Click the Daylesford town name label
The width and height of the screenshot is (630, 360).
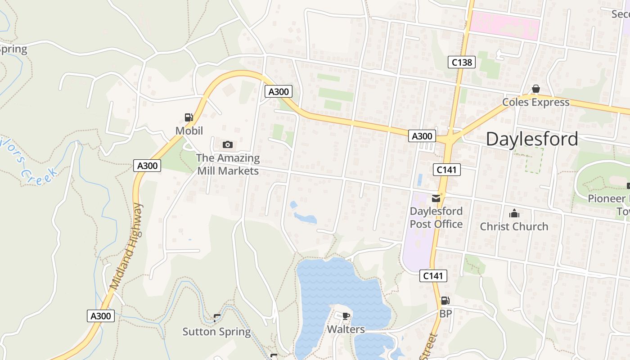click(x=532, y=139)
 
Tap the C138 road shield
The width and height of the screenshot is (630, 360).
click(x=462, y=62)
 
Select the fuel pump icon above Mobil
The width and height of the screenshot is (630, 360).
click(x=189, y=118)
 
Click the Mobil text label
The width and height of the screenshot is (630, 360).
click(x=189, y=131)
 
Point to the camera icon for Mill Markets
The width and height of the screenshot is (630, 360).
click(x=228, y=144)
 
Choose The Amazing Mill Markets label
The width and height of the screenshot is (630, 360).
click(x=228, y=164)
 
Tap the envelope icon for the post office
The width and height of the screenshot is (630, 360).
click(x=436, y=198)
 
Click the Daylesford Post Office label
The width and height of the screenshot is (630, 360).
click(x=436, y=218)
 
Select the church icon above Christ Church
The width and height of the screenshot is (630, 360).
click(x=514, y=213)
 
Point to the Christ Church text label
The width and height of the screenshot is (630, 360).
click(x=514, y=226)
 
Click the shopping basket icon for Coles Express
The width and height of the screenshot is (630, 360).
click(x=536, y=89)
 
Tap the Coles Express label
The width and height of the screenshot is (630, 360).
click(x=536, y=102)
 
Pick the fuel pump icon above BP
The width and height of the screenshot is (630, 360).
click(x=445, y=301)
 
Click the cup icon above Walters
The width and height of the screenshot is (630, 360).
click(x=346, y=316)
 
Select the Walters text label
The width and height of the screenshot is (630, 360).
click(x=346, y=329)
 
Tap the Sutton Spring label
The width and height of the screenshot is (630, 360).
click(x=216, y=332)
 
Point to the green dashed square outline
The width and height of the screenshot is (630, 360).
click(x=529, y=160)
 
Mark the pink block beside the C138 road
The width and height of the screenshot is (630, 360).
click(x=504, y=25)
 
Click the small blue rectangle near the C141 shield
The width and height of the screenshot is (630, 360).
click(x=420, y=180)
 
